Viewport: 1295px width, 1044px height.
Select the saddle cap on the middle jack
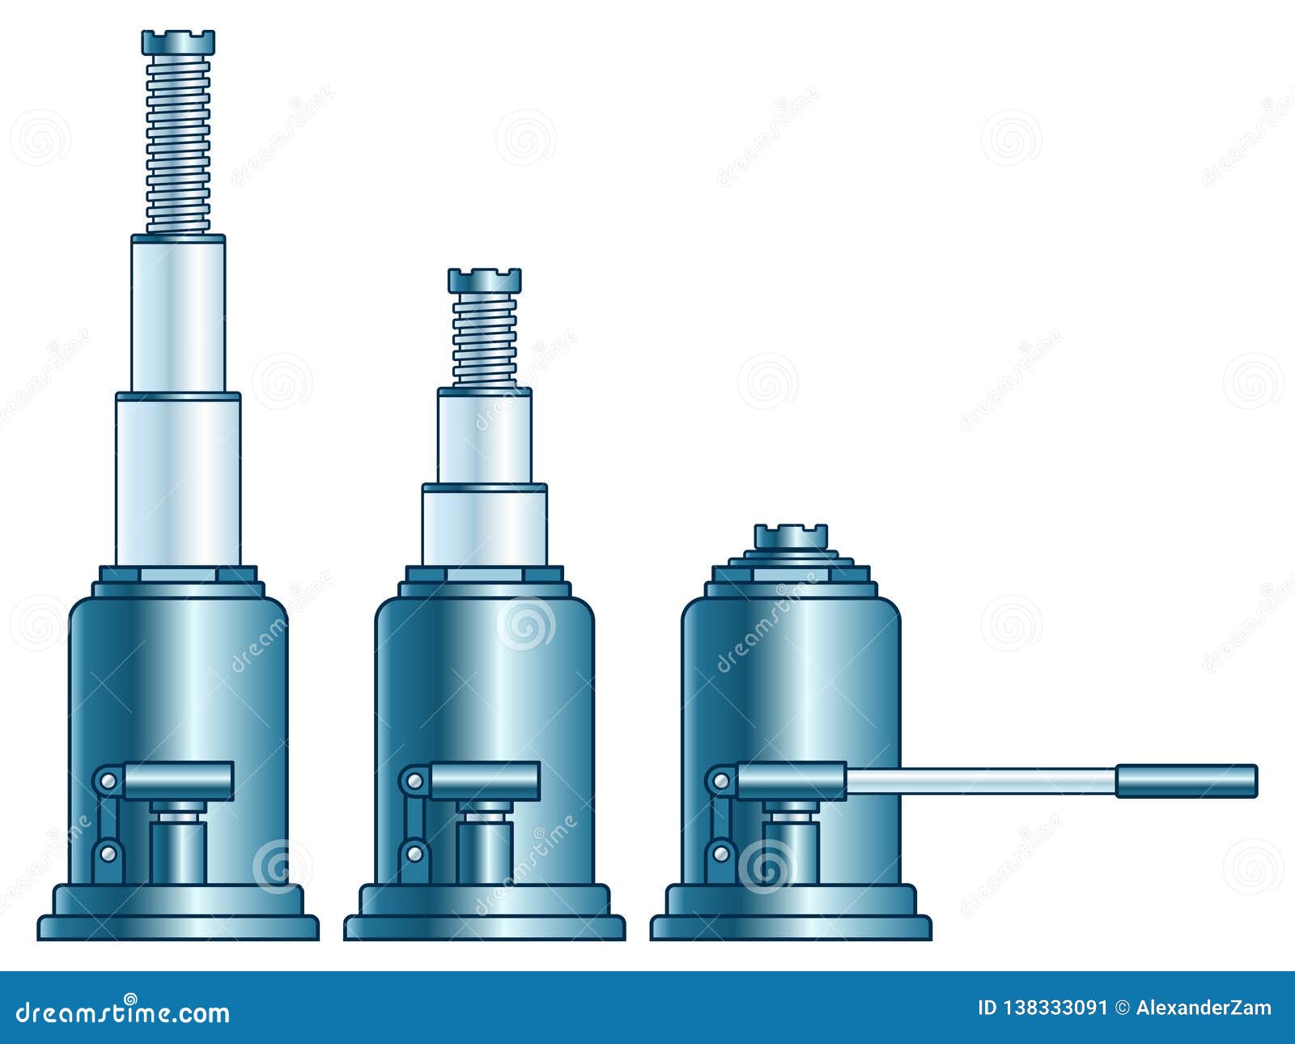pos(484,280)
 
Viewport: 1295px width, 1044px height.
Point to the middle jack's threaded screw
pos(484,338)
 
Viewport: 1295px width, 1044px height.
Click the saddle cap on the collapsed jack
pos(791,536)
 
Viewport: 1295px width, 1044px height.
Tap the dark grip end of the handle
pos(1187,780)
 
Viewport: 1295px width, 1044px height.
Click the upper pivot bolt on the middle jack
pos(414,781)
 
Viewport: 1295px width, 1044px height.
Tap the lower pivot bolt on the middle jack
pos(414,852)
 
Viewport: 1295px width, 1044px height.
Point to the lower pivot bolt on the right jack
pos(720,852)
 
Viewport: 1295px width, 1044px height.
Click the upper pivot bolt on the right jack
pos(720,781)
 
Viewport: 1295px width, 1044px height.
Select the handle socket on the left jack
pos(178,781)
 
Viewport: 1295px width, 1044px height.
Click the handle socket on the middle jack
pos(484,781)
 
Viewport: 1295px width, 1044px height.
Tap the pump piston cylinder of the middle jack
pos(484,850)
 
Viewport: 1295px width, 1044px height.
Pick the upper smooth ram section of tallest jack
pos(178,316)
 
